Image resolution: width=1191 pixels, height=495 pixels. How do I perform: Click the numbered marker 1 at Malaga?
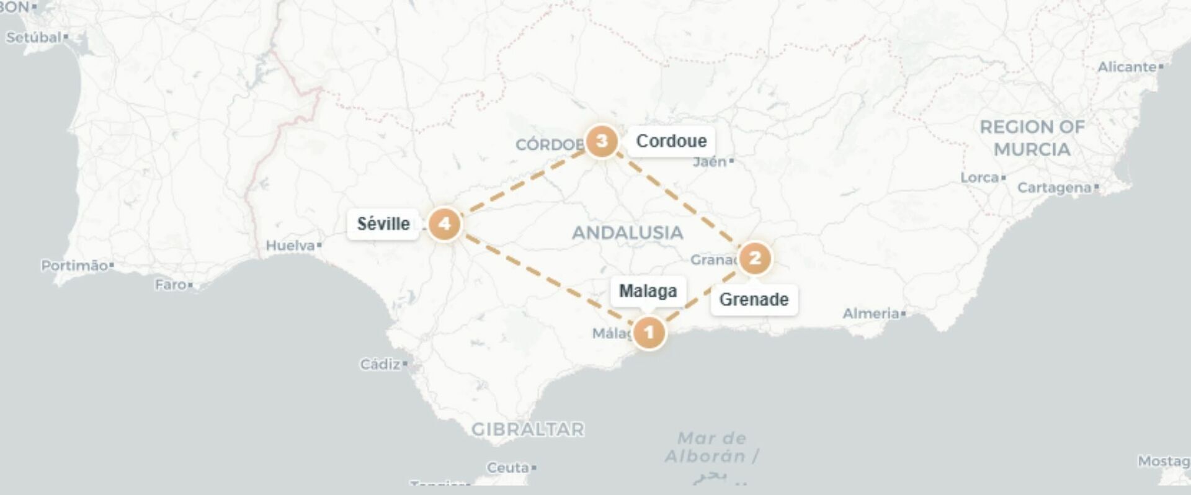point(649,332)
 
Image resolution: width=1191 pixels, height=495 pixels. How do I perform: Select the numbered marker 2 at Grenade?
point(754,257)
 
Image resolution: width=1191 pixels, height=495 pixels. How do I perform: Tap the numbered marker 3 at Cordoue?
point(601,141)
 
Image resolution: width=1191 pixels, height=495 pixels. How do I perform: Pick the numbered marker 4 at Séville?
point(445,224)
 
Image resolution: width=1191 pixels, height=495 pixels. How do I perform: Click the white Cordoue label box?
point(671,141)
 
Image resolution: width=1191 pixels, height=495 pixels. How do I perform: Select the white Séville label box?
point(383,224)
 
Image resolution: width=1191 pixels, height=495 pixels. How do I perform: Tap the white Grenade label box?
point(754,300)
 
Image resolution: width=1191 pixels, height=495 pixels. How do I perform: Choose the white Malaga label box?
point(648,291)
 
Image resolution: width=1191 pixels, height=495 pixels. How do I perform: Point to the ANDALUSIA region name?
point(627,233)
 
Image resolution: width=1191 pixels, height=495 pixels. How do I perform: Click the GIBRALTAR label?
point(528,429)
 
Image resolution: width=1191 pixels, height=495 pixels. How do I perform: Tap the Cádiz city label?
point(381,364)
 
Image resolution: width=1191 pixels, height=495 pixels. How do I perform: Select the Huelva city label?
point(291,246)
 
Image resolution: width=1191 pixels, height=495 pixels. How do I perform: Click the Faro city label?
point(171,285)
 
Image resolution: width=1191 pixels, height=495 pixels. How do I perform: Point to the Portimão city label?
point(74,265)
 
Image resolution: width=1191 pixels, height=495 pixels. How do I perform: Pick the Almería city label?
point(871,314)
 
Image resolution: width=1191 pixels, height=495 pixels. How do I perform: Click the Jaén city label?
point(710,162)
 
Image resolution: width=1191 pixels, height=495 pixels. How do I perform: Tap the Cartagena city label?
point(1055,187)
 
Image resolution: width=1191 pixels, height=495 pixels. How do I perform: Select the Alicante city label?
point(1127,67)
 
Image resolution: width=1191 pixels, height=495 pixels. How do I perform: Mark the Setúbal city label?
point(34,37)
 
